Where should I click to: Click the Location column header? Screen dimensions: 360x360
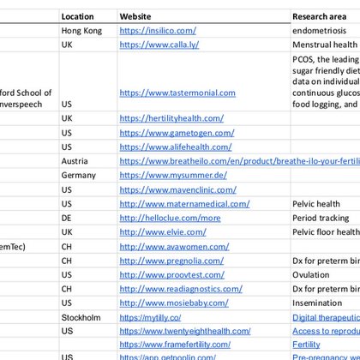(x=78, y=16)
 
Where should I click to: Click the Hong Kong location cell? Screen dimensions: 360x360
(x=82, y=31)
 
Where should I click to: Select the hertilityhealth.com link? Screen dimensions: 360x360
(x=171, y=118)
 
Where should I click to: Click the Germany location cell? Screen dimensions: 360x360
(x=79, y=175)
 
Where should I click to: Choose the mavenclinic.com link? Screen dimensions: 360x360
(x=177, y=189)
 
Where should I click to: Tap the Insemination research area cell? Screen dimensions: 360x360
(x=317, y=303)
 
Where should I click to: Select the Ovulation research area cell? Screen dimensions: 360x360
(x=311, y=274)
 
